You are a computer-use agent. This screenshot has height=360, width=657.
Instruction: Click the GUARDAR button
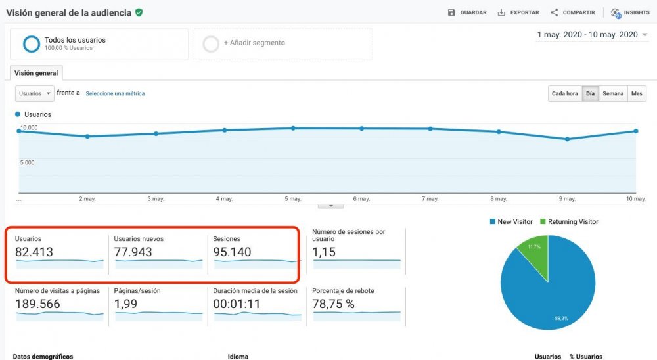[x=467, y=12]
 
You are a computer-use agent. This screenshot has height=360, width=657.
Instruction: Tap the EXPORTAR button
[x=518, y=12]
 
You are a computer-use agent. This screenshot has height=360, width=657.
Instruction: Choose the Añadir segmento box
[x=283, y=43]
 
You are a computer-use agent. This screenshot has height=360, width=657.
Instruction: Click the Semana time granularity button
[x=613, y=94]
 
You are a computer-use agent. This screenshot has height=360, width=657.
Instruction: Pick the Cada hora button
[x=564, y=94]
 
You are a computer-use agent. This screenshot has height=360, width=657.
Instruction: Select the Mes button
[x=637, y=94]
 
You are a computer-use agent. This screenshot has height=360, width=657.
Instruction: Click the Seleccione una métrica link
[x=115, y=94]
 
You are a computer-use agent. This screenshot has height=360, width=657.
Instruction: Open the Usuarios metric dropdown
[x=34, y=94]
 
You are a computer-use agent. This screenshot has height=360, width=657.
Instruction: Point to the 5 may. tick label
[x=293, y=199]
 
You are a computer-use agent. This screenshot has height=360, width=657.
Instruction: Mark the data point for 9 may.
[x=567, y=139]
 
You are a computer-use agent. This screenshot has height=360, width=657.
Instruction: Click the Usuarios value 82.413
[x=34, y=252]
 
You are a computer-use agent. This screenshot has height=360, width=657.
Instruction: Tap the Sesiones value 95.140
[x=232, y=252]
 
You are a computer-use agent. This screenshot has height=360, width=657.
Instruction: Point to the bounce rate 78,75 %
[x=333, y=304]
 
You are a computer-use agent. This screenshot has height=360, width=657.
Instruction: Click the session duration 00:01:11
[x=237, y=304]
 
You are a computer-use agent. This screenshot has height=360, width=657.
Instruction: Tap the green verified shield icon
[x=139, y=12]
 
